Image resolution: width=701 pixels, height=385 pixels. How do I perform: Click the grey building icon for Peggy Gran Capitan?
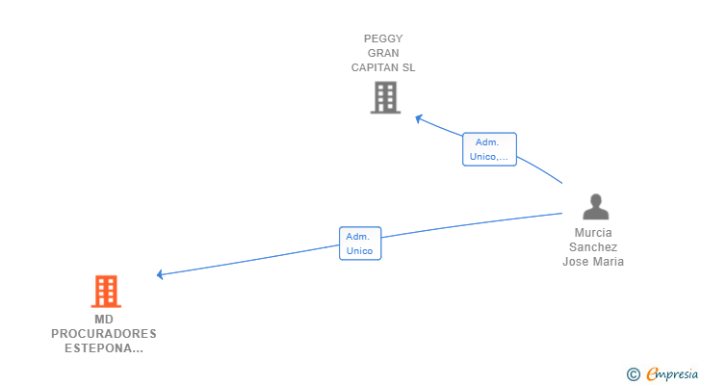[385, 97]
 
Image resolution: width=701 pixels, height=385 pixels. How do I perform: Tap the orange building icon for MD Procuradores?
[106, 291]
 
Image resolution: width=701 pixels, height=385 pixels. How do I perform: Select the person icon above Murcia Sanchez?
[596, 207]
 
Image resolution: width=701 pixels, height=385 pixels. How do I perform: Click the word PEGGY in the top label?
[383, 39]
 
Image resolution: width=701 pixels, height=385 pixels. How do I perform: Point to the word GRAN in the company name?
[383, 54]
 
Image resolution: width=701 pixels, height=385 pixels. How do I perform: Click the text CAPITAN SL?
[383, 68]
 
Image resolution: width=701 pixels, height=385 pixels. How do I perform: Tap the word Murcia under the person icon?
[593, 233]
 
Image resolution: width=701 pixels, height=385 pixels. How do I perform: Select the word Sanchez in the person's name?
[593, 247]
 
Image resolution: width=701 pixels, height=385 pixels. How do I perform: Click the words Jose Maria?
[593, 262]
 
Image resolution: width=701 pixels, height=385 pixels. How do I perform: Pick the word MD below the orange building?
[104, 320]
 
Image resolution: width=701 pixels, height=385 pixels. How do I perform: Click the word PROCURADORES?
[104, 334]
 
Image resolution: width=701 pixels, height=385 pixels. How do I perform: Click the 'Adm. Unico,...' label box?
[489, 149]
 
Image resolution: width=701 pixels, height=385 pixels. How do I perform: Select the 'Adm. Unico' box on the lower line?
[360, 244]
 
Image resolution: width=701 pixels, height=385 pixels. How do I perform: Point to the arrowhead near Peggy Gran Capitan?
[418, 118]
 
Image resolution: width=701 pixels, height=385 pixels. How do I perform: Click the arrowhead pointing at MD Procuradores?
[161, 274]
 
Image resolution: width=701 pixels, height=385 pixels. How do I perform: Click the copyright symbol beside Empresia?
[634, 374]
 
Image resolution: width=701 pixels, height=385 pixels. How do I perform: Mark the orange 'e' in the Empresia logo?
[652, 374]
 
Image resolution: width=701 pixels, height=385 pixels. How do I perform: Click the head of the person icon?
[596, 200]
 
